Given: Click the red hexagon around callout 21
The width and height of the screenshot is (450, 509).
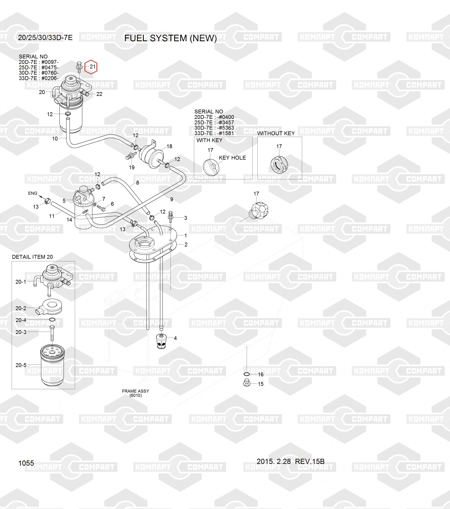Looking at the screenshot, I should point(91,67).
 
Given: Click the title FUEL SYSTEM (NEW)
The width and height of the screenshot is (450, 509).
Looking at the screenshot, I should point(170,38).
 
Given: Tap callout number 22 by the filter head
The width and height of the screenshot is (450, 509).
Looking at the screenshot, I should point(99,94).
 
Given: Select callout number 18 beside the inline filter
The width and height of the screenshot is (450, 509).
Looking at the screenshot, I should point(169,146).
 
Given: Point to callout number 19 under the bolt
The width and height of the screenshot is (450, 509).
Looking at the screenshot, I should point(131,167).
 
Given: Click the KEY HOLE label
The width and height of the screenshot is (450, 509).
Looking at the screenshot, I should point(232,158).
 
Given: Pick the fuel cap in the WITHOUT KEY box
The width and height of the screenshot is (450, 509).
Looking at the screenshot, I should point(279,165).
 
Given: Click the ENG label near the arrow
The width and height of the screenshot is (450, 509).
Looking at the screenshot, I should point(33,193).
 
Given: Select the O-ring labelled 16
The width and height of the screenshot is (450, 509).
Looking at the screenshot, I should point(247,374).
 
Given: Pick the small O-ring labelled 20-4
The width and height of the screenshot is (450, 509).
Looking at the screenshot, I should point(52,320).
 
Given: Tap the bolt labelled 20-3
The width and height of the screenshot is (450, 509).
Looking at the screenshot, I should point(52,333).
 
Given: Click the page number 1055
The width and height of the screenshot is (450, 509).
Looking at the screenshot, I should point(26,463).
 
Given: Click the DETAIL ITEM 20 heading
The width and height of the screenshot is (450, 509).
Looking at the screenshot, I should point(32,257).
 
